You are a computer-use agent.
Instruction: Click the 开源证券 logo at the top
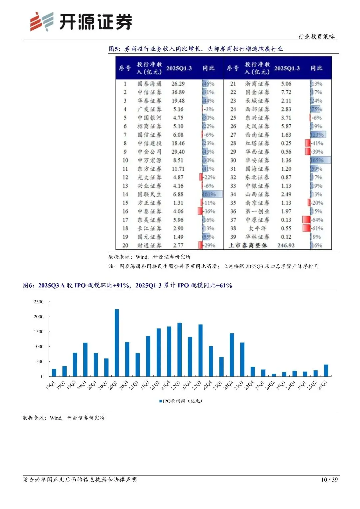coord(81,22)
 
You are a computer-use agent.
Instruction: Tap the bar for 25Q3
coord(326,370)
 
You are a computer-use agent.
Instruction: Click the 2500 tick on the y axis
coord(39,302)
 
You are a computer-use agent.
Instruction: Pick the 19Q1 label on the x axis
coord(50,385)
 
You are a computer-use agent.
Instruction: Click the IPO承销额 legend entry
coord(180,401)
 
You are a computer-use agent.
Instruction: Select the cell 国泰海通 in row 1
coord(149,84)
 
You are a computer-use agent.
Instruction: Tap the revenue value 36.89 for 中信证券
coord(178,92)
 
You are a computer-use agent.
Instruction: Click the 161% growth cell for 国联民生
coord(209,194)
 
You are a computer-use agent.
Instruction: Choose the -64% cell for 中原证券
coord(317,220)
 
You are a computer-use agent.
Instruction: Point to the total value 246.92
coord(286,245)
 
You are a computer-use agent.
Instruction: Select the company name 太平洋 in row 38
coord(257,228)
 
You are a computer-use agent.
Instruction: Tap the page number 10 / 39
coord(329,479)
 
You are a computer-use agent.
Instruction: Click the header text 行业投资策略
coord(316,36)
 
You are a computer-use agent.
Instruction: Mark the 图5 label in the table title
coord(114,49)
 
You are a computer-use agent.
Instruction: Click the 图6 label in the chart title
coord(29,285)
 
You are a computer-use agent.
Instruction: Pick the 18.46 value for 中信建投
coord(178,143)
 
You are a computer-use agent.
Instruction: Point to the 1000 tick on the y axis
coord(39,347)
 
